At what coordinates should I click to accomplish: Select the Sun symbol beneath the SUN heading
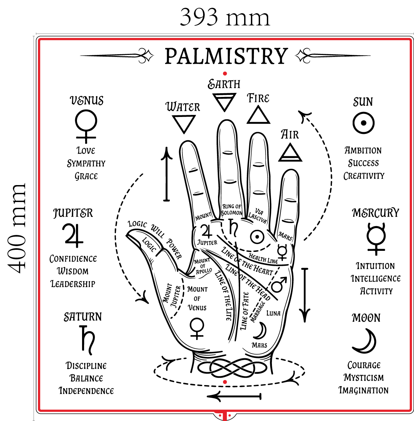coord(363,123)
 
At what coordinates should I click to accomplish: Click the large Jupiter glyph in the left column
coord(72,235)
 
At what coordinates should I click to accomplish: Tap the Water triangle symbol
coord(183,123)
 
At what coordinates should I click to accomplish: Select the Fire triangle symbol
coord(258,115)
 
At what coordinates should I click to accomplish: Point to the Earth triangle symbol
coord(224,102)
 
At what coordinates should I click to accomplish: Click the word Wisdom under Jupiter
coord(73,271)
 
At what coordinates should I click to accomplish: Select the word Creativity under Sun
coord(364,176)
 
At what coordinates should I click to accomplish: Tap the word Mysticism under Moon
coord(364,378)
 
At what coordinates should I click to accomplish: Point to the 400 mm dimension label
coord(17,228)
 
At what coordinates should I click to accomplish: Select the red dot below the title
coord(225,74)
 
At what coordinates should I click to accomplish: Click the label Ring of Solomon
coord(232,209)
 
